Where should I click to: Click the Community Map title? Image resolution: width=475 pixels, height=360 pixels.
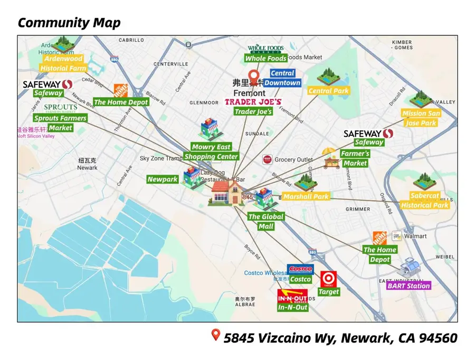pos(69,23)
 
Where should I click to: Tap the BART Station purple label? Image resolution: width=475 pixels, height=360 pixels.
pos(408,286)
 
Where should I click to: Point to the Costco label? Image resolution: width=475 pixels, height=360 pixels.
pos(300,279)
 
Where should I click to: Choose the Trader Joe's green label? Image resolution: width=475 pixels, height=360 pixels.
pos(253,111)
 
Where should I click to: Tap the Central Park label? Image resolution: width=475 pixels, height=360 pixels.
pos(328,91)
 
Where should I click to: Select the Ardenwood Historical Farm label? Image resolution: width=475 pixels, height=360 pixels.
pos(63,63)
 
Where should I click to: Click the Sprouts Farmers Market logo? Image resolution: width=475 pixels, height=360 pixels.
pos(60,108)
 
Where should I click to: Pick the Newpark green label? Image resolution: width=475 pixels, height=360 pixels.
pos(163,179)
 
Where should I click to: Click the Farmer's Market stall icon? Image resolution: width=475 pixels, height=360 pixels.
pos(331,158)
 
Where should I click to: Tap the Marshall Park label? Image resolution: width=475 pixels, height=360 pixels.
pos(306,196)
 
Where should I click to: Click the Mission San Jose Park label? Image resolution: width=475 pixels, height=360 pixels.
pos(421,118)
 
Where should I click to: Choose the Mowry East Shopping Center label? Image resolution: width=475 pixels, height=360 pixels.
pos(211,151)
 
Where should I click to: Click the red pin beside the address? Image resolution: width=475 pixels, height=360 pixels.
pos(215,335)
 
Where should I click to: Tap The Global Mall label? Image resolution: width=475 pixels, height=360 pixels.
pos(266,221)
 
